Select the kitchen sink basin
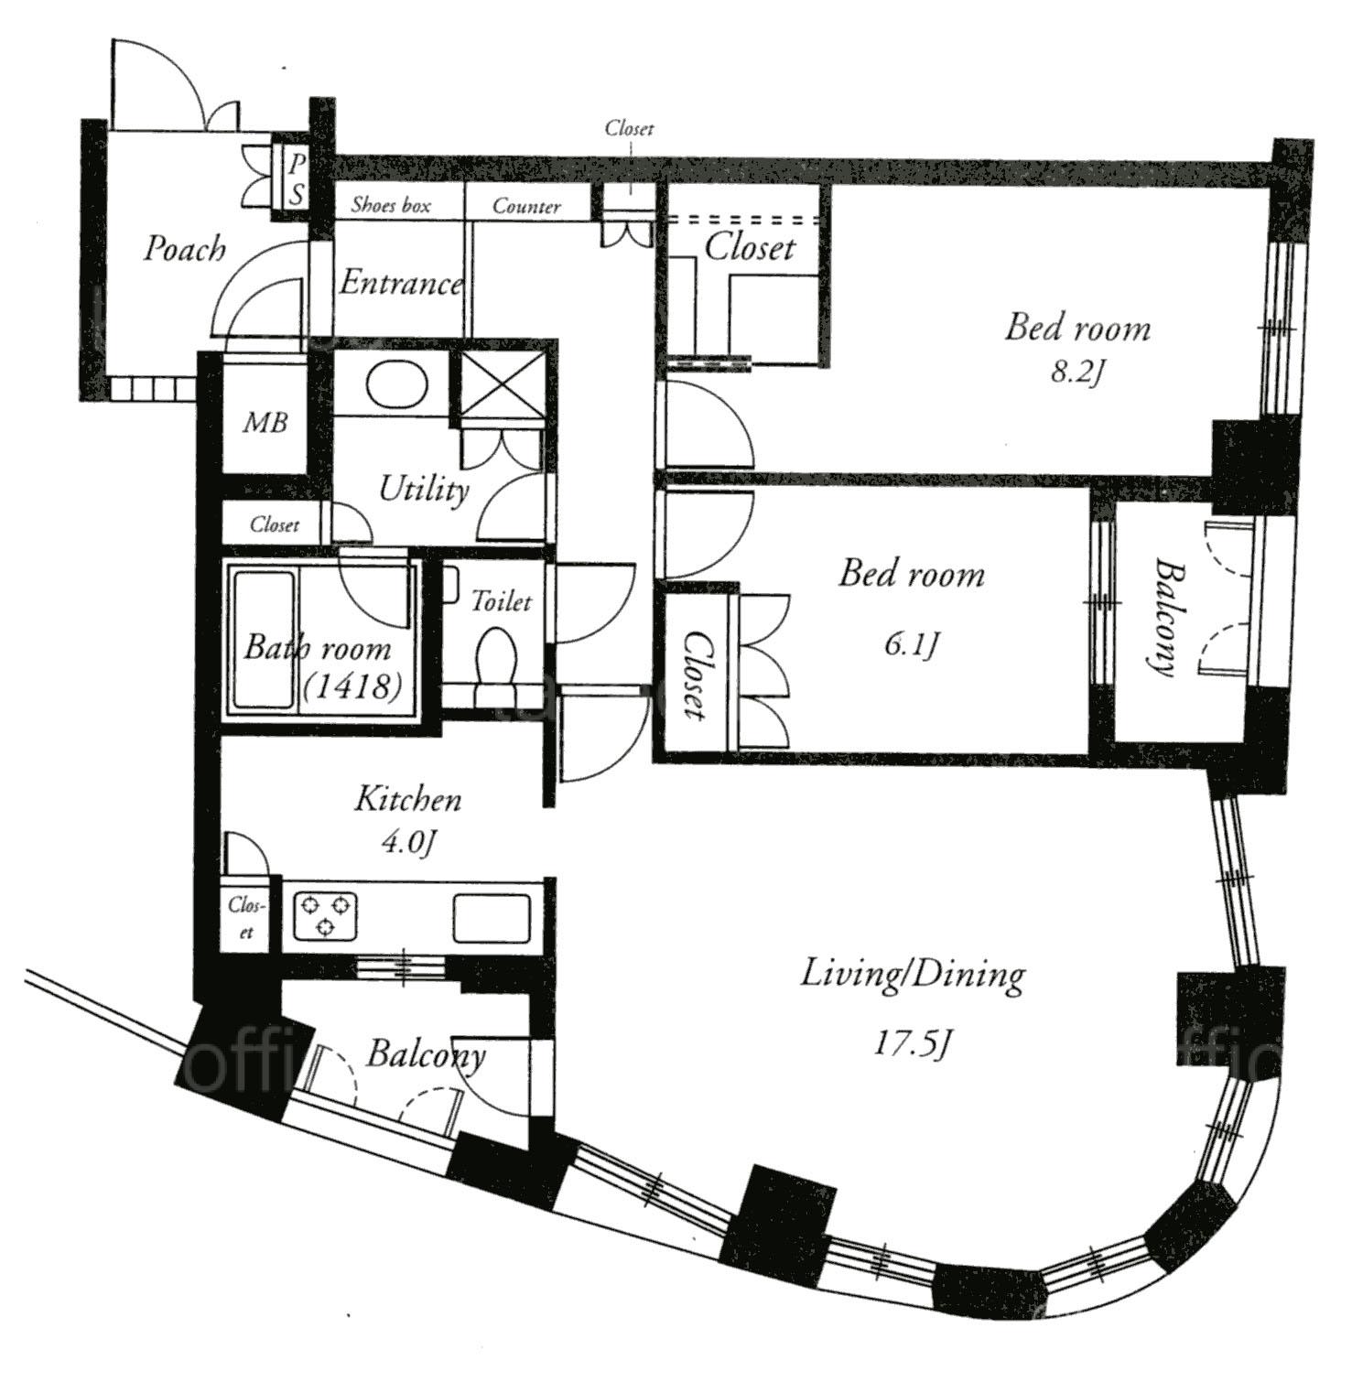coord(492,918)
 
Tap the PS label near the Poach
coord(297,179)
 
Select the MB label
coord(265,422)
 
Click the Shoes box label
coord(391,205)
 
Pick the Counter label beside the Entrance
coord(526,206)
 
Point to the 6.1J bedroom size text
coord(911,645)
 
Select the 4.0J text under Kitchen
coord(406,842)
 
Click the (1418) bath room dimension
coord(352,686)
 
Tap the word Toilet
coord(501,601)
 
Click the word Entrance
coord(401,283)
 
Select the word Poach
coord(184,248)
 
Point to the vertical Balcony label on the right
coord(1163,616)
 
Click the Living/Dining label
coord(913,975)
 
